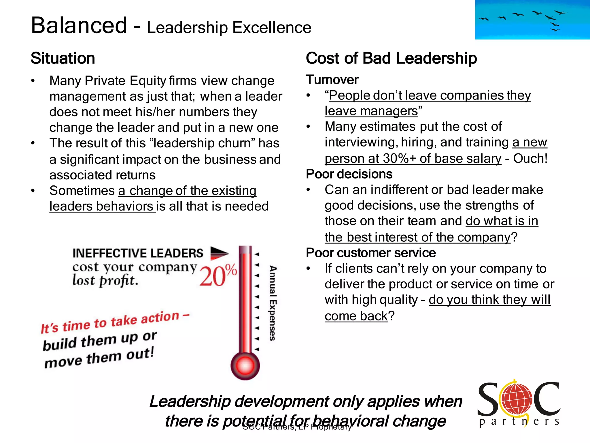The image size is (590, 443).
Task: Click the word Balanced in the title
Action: click(x=79, y=25)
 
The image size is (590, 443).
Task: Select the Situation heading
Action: click(x=63, y=58)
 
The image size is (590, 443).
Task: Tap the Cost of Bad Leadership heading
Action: click(x=391, y=58)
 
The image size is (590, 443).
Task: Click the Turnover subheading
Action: click(x=332, y=80)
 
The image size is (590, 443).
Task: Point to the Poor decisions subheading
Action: click(x=349, y=174)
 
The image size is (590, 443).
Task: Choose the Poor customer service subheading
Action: click(x=371, y=253)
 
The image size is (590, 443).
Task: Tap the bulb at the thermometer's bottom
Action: click(x=245, y=366)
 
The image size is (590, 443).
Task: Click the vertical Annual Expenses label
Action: click(x=273, y=303)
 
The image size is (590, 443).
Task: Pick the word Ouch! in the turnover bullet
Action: click(x=530, y=158)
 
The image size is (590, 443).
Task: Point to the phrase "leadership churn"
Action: click(x=202, y=143)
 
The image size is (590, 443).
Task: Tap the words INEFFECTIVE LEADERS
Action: click(x=138, y=253)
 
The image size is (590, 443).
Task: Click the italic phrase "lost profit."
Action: click(x=105, y=280)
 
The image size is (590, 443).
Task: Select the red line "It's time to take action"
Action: click(x=115, y=322)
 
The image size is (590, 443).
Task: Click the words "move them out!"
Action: click(x=99, y=358)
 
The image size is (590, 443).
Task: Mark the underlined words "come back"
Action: click(x=356, y=316)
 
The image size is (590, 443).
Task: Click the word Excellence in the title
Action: click(x=272, y=28)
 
